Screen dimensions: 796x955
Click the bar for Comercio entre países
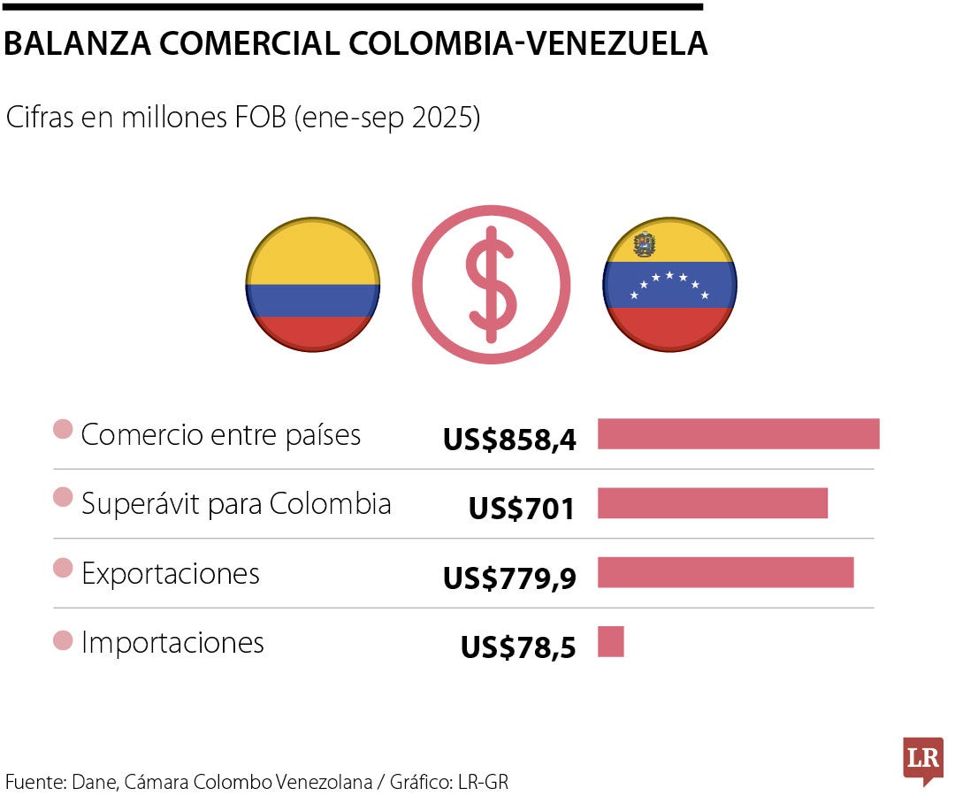click(738, 434)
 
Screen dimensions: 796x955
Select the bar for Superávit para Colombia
click(713, 503)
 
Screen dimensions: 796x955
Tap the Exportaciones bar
click(725, 572)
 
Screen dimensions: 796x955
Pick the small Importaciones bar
click(611, 641)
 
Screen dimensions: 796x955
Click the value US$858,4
click(510, 439)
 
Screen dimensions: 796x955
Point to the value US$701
click(522, 509)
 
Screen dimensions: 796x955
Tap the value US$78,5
click(518, 647)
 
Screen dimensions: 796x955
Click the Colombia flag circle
click(313, 285)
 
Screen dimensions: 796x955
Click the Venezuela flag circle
click(669, 285)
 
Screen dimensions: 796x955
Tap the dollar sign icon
click(492, 285)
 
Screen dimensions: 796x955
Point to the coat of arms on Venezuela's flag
click(645, 245)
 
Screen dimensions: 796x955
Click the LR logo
click(922, 759)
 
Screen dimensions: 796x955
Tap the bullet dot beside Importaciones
click(63, 640)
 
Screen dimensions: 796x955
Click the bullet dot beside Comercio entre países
click(63, 431)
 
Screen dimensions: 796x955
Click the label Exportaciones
click(171, 573)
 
